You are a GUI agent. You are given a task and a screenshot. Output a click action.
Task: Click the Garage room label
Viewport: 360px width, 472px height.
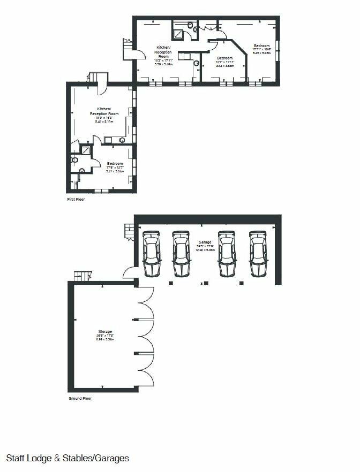[204, 241]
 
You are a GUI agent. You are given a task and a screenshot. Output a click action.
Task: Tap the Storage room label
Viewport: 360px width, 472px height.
[104, 331]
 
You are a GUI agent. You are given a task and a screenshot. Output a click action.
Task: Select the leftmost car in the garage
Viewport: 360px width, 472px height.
[152, 253]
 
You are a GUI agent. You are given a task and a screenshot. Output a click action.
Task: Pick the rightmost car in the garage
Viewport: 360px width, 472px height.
[259, 253]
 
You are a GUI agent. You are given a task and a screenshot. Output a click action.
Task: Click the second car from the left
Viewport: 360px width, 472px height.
[181, 253]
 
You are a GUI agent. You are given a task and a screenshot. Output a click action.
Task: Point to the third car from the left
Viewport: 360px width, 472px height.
[227, 253]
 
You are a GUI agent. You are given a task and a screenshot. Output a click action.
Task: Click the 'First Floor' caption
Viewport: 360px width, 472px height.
[76, 199]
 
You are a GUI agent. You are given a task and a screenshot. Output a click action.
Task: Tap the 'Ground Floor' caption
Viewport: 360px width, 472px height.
[80, 399]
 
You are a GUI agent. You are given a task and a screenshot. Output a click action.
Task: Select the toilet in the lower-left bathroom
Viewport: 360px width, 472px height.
[75, 159]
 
